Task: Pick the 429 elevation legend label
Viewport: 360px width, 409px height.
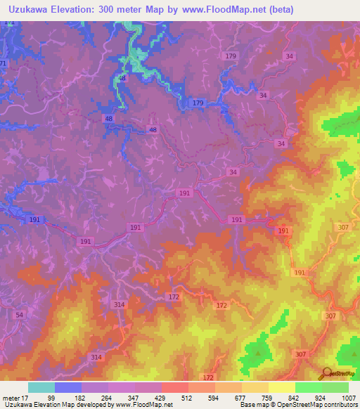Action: point(161,397)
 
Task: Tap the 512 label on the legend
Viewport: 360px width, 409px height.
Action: point(187,397)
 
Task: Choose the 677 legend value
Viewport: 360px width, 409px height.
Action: point(240,397)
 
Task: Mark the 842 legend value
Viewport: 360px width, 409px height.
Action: point(294,397)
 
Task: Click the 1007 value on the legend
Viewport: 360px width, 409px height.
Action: point(347,397)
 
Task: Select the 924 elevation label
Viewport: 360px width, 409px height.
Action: point(321,397)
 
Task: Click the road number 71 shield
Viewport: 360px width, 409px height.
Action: point(3,64)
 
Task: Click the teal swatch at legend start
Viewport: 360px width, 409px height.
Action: point(41,387)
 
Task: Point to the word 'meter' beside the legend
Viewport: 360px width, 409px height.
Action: point(10,397)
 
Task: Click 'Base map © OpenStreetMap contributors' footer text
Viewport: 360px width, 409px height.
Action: point(298,405)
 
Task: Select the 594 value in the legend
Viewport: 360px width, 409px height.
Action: point(214,397)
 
